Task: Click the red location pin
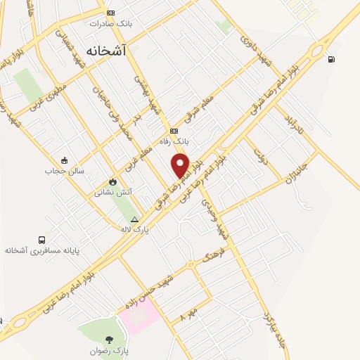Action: coord(181,165)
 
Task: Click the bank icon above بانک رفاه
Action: coord(174,131)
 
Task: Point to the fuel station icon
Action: coord(331,58)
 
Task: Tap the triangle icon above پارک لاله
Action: coord(134,220)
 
